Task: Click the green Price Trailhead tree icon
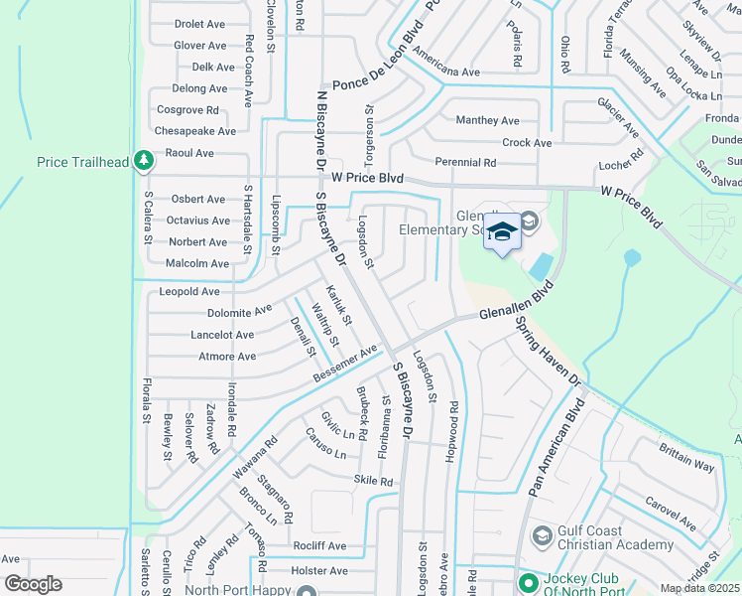coord(144,161)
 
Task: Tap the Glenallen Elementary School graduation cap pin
coord(502,232)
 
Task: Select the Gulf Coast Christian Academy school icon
coord(542,537)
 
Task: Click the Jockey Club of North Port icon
coord(527,580)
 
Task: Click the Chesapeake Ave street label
coord(194,131)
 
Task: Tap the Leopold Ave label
coord(189,292)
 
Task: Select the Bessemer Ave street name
coord(346,364)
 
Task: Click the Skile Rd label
coord(373,481)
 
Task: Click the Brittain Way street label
coord(686,458)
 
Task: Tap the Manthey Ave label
coord(487,121)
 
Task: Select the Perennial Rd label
coord(465,162)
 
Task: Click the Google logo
coord(33,584)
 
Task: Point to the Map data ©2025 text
coord(699,588)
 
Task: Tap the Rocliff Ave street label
coord(318,546)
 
